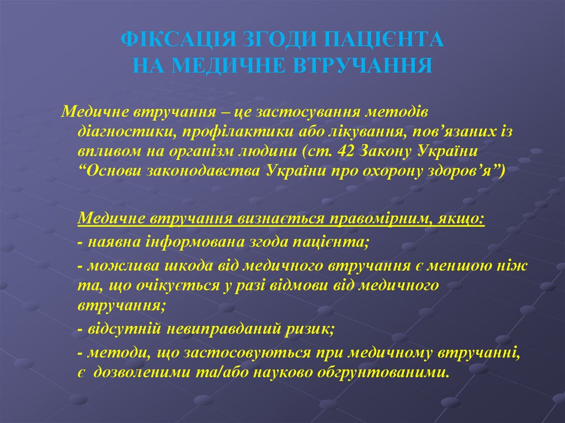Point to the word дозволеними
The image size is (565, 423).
pos(142,372)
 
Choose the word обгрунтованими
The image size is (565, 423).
pos(380,372)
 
